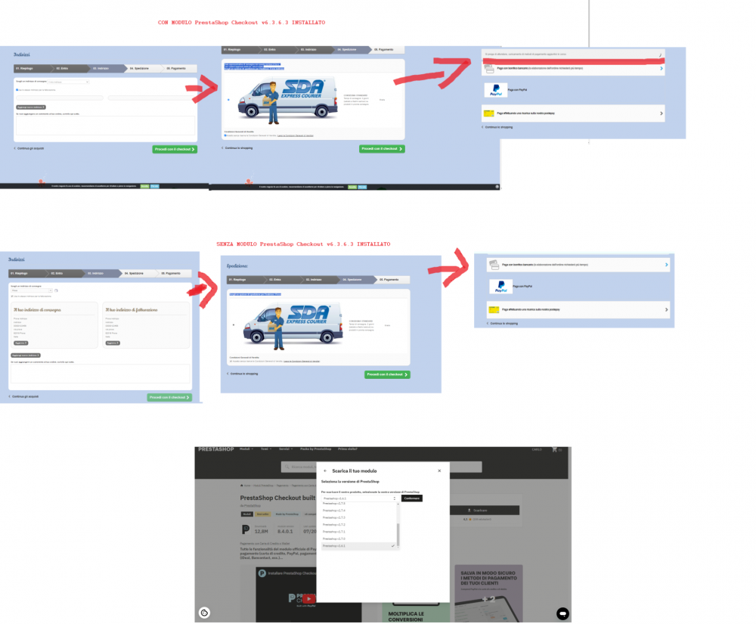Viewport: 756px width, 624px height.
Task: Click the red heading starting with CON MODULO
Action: [242, 23]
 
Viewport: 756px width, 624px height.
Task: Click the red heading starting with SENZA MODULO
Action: [303, 245]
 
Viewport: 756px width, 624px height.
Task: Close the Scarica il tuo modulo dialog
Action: [439, 470]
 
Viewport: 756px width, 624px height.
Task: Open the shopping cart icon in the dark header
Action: [555, 450]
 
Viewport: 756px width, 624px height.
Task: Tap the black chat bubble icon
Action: [562, 612]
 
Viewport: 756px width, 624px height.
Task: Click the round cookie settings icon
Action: [204, 612]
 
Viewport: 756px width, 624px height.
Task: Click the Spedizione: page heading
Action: [239, 266]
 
